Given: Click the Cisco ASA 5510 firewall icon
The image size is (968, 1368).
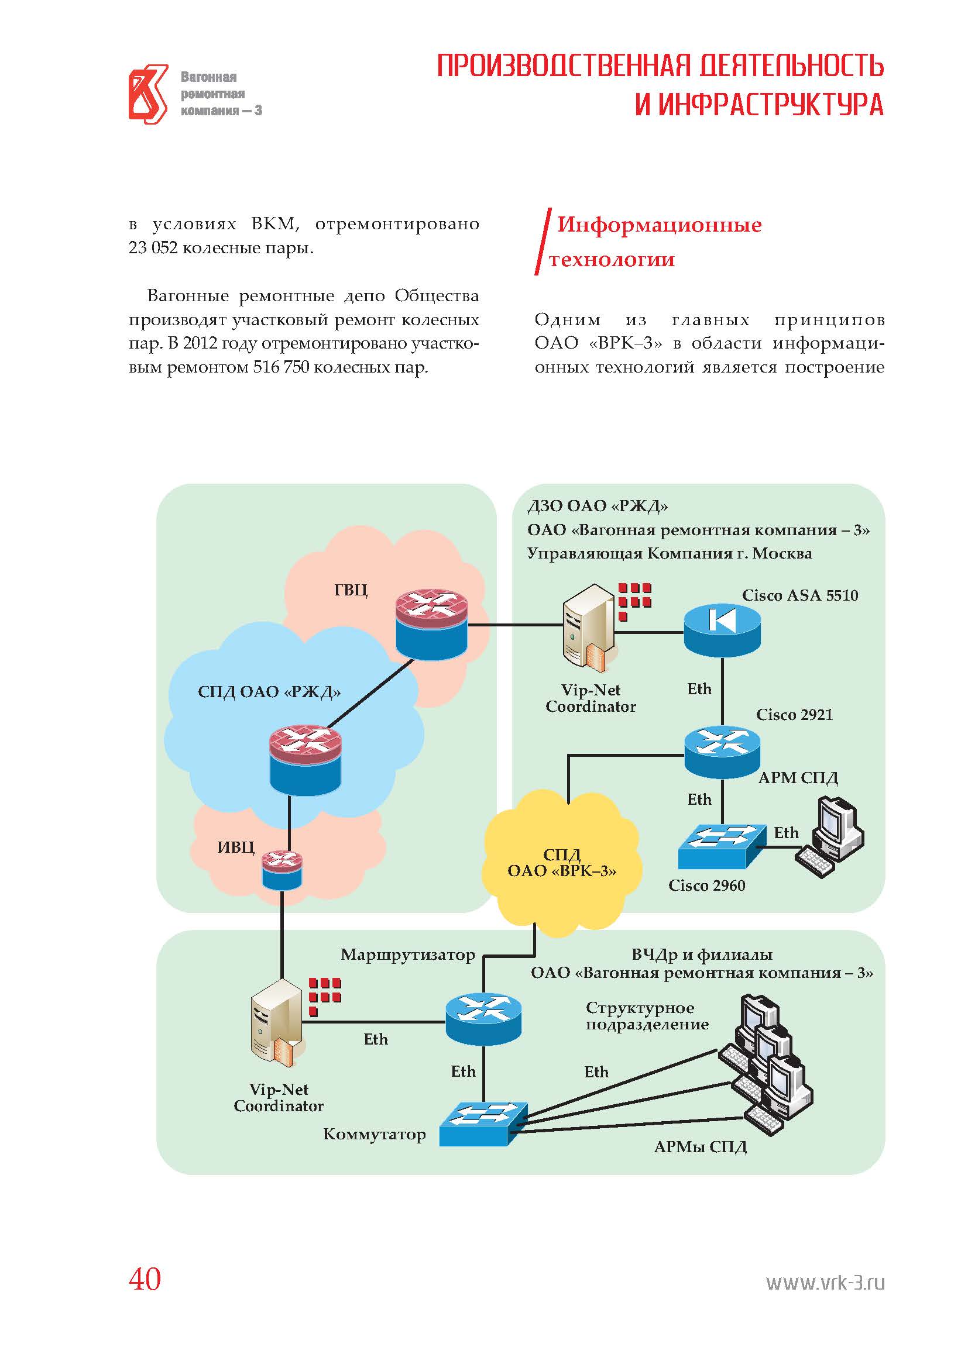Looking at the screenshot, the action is coord(722,630).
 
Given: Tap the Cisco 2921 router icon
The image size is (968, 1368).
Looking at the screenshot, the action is coord(722,752).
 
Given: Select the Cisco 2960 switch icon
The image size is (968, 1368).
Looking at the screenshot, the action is coord(722,846).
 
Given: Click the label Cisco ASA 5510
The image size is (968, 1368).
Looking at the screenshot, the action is coord(800,595).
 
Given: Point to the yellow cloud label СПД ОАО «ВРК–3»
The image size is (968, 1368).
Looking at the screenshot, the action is coord(561,863).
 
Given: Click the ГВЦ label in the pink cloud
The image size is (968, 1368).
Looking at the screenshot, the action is coord(351,590).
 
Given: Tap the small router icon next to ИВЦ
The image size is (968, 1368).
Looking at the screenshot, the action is coord(282,870).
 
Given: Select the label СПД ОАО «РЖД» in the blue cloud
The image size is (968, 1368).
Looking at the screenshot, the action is coord(269,692).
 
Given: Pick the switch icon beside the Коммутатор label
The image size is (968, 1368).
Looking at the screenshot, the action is coord(483,1124).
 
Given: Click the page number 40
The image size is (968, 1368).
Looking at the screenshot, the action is coord(145,1279).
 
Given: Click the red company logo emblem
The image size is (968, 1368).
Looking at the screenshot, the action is coord(149,94).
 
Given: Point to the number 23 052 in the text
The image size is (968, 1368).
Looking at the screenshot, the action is coord(153,248).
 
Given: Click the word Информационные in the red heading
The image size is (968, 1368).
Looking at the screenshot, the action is coord(659,225).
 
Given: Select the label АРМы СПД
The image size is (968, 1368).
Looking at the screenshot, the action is coord(701,1147).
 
